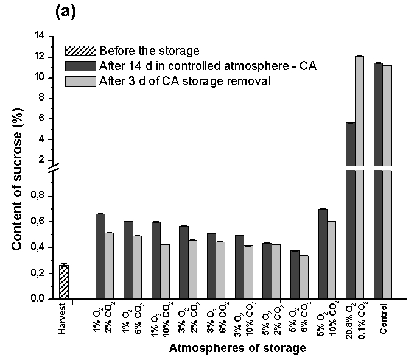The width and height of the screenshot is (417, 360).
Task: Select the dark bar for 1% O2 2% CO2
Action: [x=100, y=256]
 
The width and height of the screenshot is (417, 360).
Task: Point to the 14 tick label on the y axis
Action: [x=39, y=36]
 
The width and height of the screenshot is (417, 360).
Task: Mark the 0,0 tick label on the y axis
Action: [x=38, y=299]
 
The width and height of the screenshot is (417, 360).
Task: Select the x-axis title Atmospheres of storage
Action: [x=237, y=349]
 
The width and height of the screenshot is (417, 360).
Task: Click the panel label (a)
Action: [x=65, y=12]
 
